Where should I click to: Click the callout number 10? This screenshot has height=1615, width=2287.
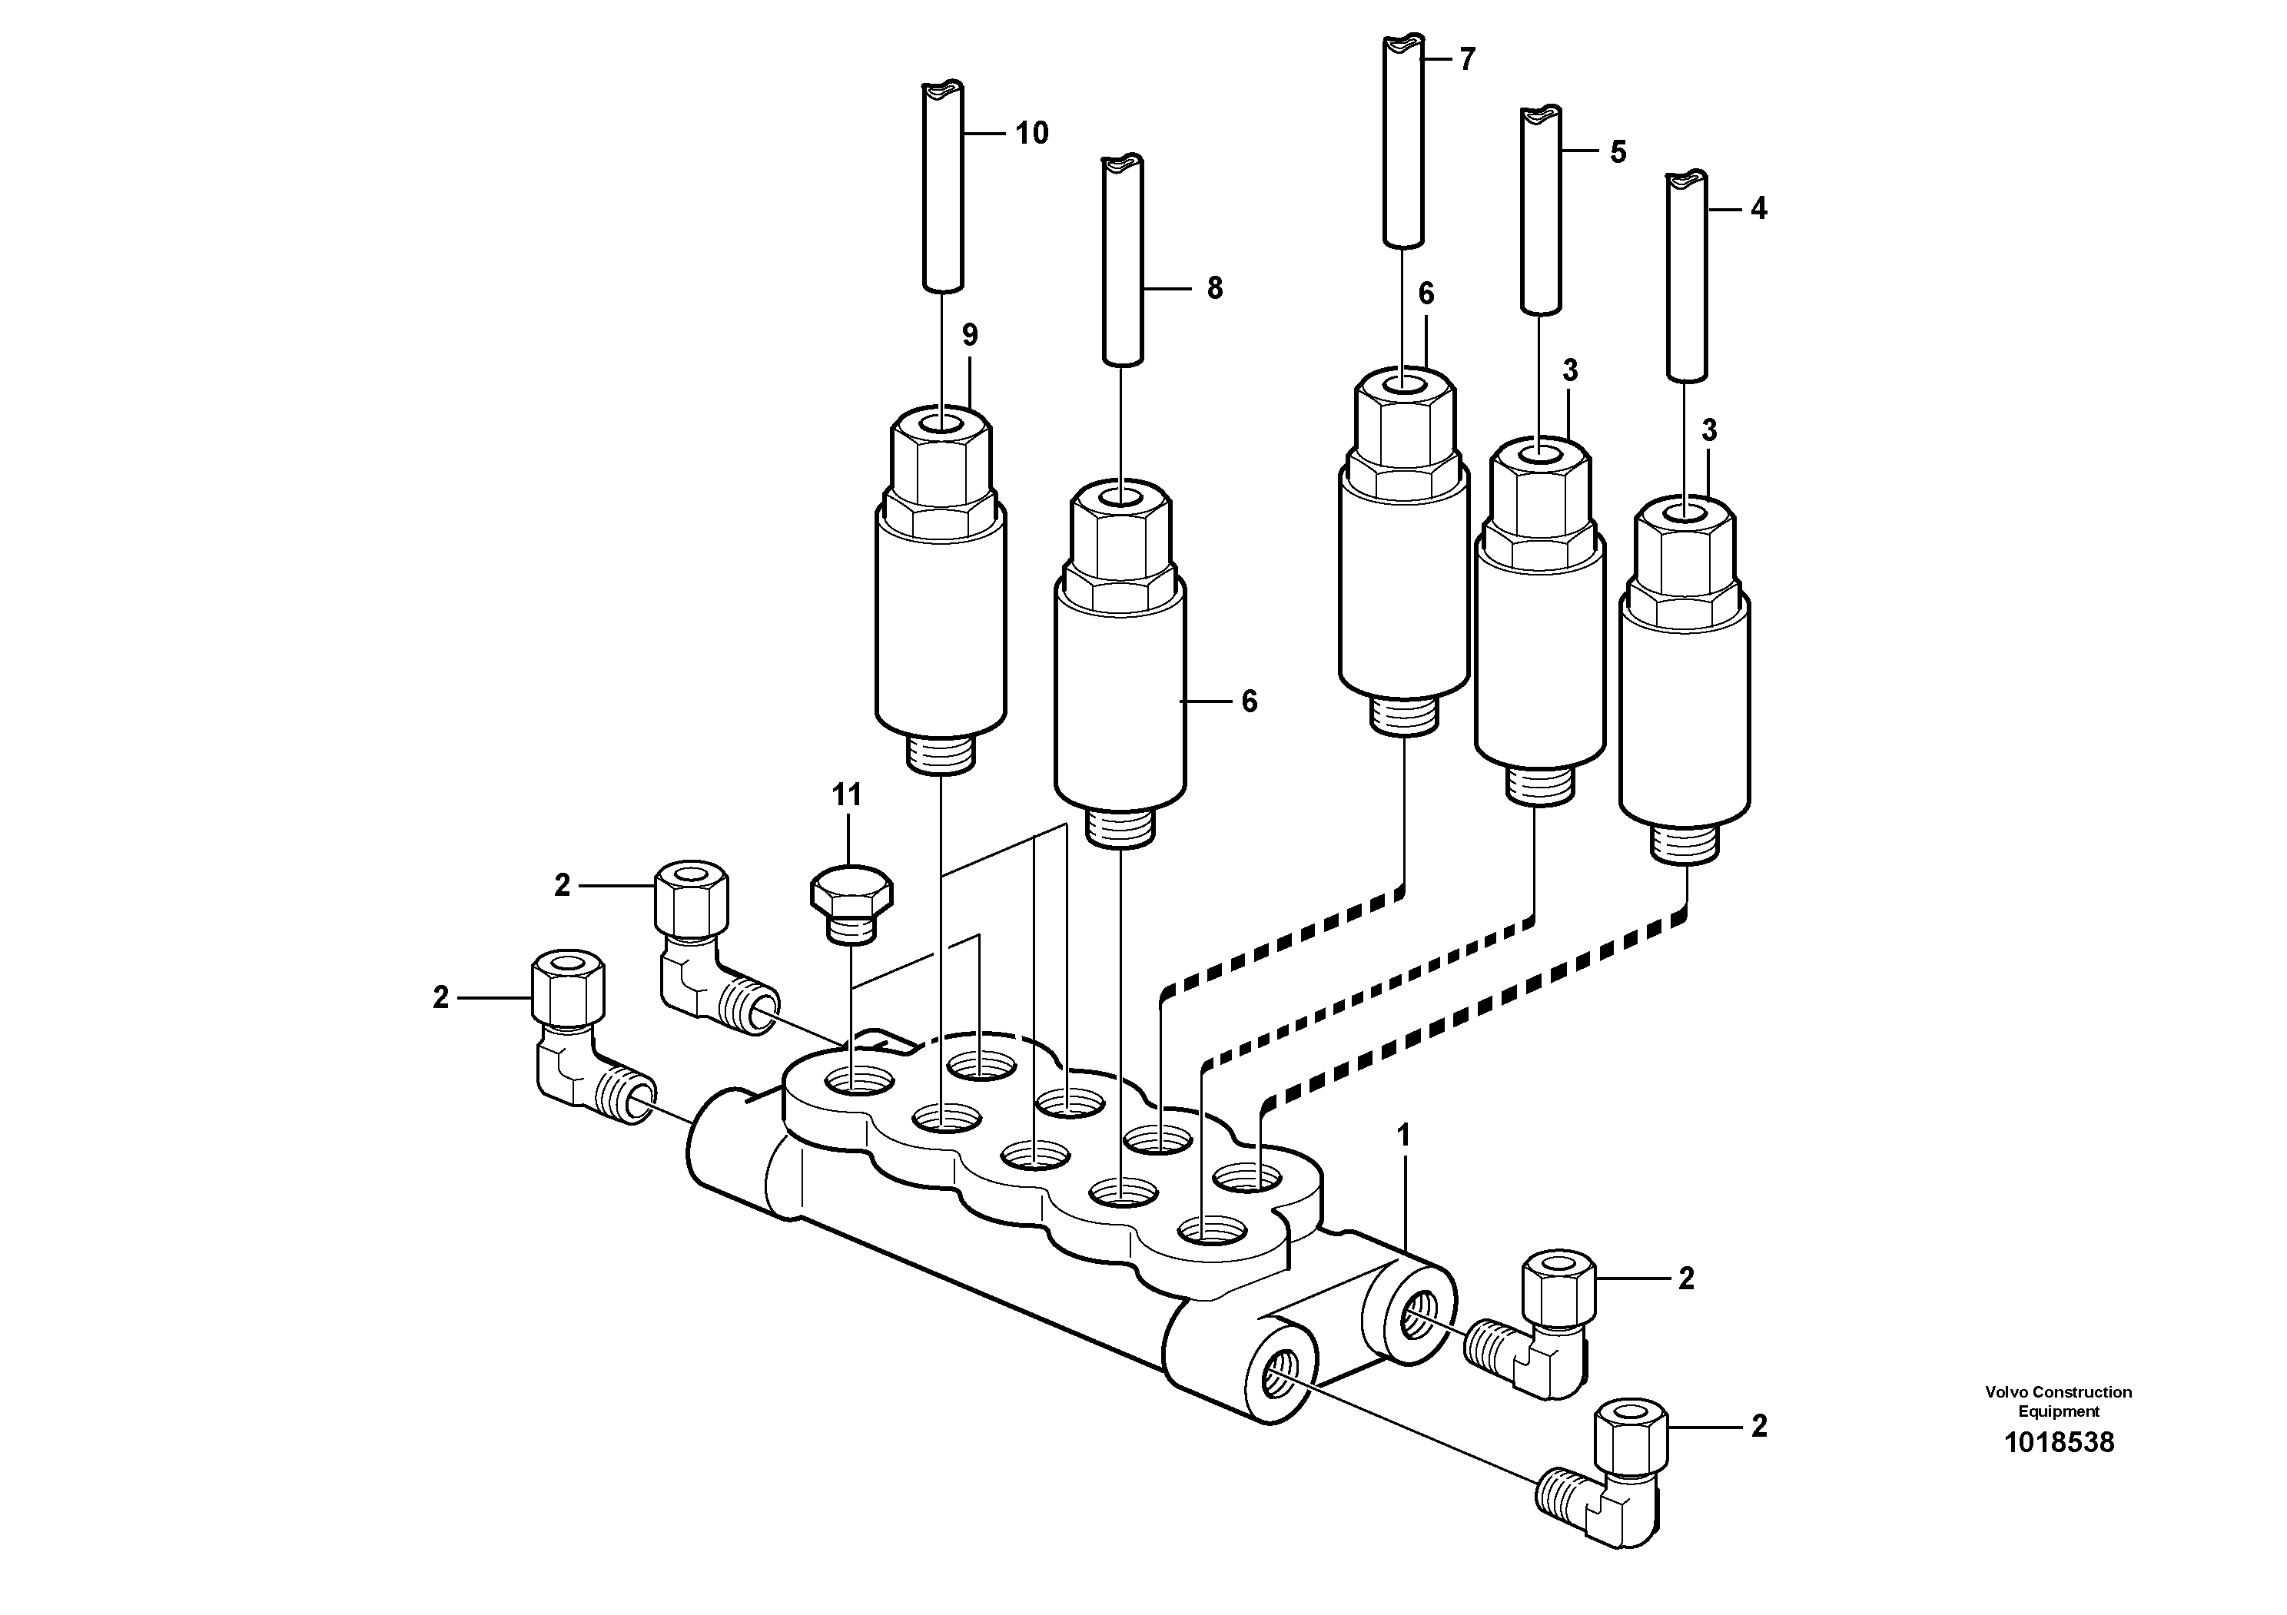pyautogui.click(x=1031, y=134)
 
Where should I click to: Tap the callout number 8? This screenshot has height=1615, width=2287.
pyautogui.click(x=1214, y=289)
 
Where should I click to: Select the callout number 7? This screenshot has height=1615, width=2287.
pyautogui.click(x=1466, y=60)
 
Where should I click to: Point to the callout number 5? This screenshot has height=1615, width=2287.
pyautogui.click(x=1618, y=152)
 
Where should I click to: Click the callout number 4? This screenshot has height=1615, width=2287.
pyautogui.click(x=1758, y=209)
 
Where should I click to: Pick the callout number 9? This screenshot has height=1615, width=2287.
pyautogui.click(x=969, y=336)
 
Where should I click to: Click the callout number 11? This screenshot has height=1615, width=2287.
pyautogui.click(x=847, y=794)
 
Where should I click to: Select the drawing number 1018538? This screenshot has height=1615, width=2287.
pyautogui.click(x=2058, y=1442)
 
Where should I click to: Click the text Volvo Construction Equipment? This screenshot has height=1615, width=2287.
pyautogui.click(x=2058, y=1401)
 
